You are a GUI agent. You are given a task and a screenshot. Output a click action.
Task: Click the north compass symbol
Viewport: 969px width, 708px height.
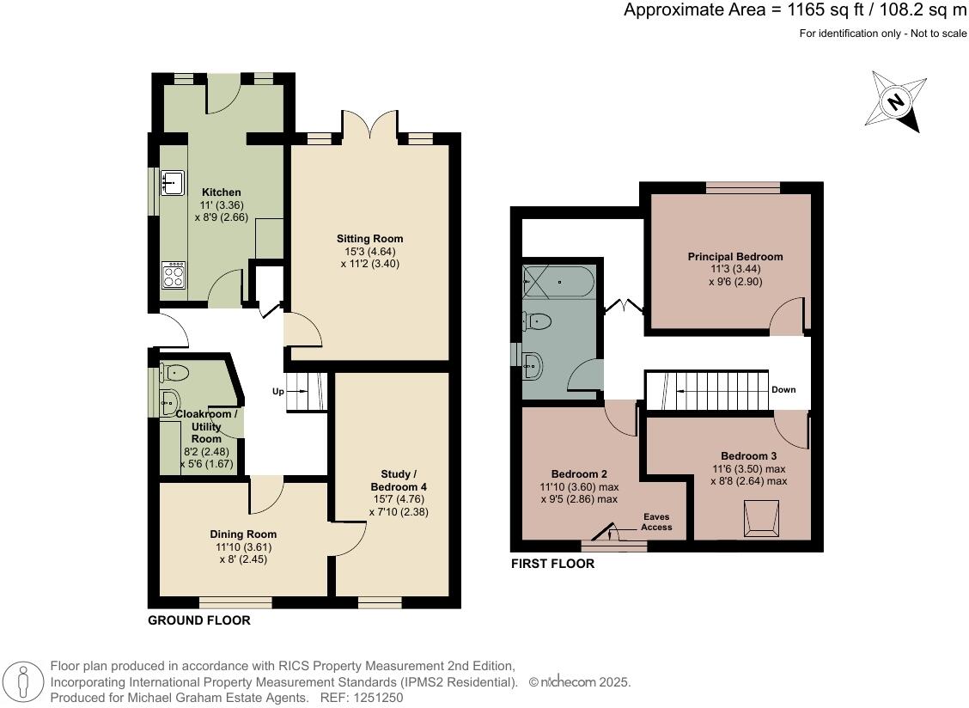898,101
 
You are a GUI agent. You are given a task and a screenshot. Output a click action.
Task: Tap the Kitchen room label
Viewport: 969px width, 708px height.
222,192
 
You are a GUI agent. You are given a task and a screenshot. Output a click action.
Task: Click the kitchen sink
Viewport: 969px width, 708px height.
173,181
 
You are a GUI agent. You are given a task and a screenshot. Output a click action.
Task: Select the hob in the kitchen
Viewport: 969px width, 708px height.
174,275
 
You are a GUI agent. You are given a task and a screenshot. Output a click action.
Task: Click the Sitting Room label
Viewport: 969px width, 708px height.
369,238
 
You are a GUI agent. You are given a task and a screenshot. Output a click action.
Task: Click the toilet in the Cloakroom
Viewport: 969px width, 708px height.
174,372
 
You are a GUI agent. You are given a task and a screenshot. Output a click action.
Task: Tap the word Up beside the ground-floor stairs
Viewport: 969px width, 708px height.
277,392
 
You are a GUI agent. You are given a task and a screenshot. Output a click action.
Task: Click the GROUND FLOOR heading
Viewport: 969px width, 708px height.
199,619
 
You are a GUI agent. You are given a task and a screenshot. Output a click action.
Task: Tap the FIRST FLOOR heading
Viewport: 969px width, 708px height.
552,565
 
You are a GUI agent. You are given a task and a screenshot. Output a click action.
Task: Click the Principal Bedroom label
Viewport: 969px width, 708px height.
734,256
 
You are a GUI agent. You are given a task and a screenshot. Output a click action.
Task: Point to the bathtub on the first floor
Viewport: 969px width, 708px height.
558,281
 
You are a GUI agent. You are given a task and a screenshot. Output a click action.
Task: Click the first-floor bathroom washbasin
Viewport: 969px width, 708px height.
533,366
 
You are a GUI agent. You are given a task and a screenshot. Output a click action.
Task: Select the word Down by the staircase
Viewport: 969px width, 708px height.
783,389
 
